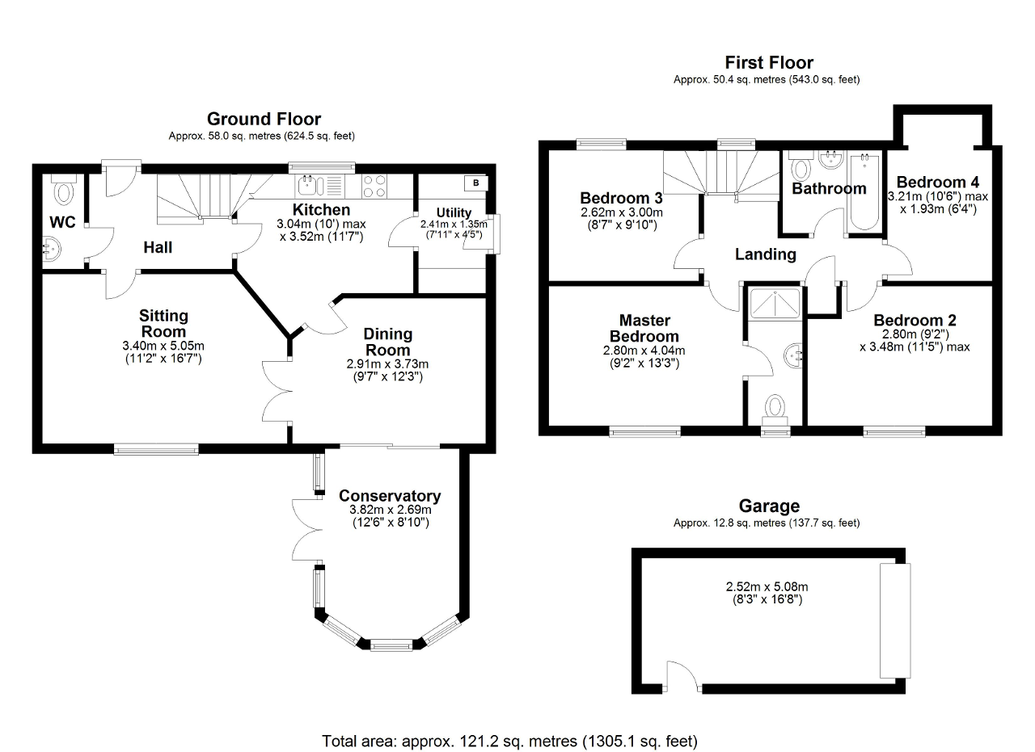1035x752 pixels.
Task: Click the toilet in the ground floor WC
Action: point(62,190)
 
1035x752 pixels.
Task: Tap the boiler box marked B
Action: point(476,183)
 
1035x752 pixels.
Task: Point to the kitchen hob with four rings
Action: point(373,186)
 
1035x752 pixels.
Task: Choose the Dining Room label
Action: point(387,342)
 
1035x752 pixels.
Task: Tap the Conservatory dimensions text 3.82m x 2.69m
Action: point(390,510)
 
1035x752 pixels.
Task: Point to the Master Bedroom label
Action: point(644,329)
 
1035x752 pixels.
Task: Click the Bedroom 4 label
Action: point(931,182)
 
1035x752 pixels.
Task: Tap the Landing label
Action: point(765,254)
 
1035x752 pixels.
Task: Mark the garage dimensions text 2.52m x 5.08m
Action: point(767,587)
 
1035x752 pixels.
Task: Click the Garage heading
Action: point(769,506)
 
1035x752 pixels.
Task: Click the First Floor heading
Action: point(768,62)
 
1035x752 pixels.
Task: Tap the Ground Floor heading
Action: point(264,120)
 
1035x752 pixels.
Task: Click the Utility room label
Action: point(454,212)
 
